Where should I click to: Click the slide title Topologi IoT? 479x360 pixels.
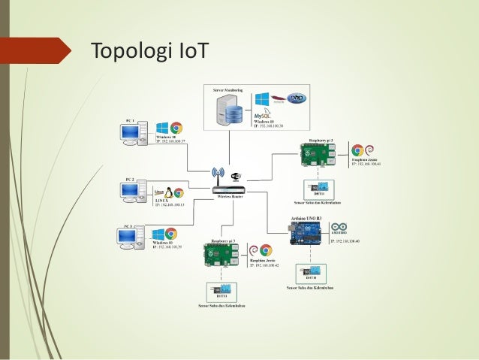[149, 52]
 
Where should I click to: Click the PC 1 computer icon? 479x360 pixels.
[131, 135]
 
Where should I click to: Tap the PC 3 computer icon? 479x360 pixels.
[130, 237]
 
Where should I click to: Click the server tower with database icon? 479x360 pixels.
[231, 114]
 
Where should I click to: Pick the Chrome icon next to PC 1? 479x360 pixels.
[177, 128]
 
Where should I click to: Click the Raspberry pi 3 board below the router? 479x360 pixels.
[220, 254]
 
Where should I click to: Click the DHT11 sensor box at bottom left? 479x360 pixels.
[218, 289]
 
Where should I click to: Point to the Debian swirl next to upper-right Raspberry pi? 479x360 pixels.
[369, 150]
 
